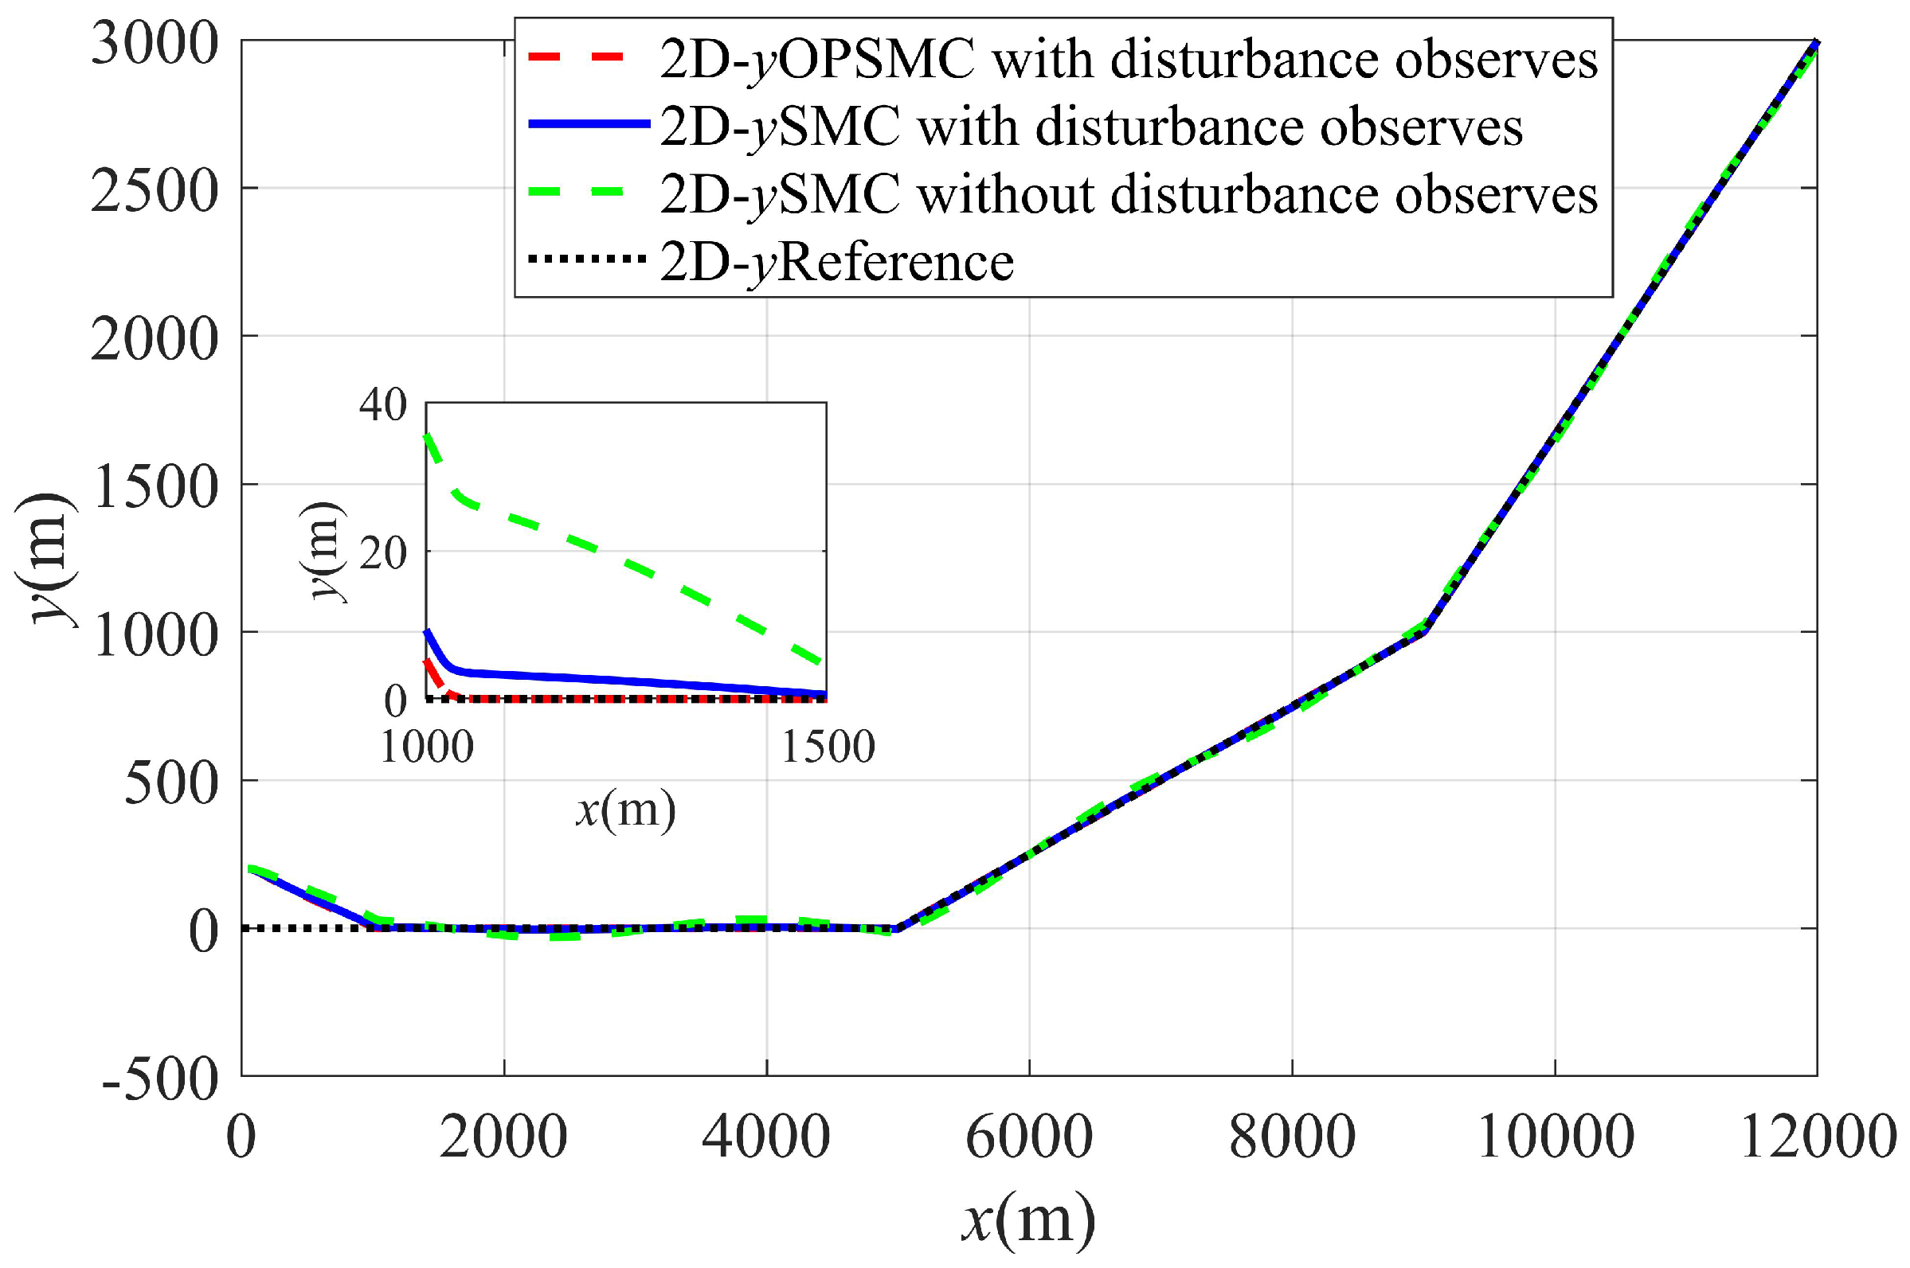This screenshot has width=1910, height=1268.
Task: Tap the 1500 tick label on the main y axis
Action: click(x=155, y=487)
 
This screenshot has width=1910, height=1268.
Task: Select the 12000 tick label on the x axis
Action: click(x=1817, y=1137)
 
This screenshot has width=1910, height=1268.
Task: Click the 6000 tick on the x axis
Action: click(x=1029, y=1137)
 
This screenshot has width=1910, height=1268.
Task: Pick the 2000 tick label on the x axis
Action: click(x=503, y=1137)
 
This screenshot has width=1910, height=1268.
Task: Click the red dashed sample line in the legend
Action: click(x=576, y=57)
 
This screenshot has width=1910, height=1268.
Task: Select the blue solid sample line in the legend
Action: click(x=588, y=123)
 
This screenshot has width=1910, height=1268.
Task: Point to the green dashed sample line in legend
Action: click(x=576, y=192)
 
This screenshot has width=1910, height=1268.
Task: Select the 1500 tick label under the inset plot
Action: click(x=828, y=747)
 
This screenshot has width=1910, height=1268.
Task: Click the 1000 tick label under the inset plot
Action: click(x=426, y=747)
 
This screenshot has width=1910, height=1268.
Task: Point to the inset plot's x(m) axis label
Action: click(x=625, y=809)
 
